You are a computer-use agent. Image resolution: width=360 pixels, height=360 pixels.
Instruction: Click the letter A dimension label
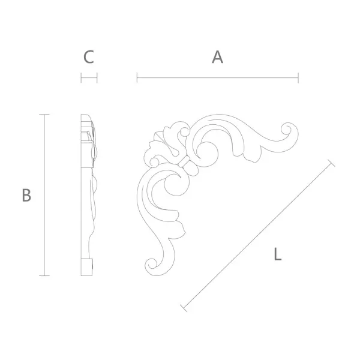click(x=217, y=57)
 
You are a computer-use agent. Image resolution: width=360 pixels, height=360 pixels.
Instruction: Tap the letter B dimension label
click(x=26, y=195)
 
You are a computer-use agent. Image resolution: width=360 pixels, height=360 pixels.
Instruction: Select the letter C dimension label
click(x=89, y=57)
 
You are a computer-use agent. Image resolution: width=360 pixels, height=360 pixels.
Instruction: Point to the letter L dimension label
click(x=278, y=254)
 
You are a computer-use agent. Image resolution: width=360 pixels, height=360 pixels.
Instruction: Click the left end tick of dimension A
click(x=137, y=77)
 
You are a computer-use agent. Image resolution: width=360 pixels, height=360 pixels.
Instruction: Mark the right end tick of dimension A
click(x=298, y=77)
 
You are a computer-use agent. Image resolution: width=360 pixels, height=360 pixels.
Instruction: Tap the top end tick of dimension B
click(x=44, y=115)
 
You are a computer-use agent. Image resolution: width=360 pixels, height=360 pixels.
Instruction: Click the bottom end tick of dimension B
click(x=44, y=275)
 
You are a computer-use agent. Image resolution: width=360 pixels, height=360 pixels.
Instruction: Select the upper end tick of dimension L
click(x=331, y=163)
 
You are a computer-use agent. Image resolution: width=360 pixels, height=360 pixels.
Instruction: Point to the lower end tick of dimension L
click(x=184, y=308)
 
